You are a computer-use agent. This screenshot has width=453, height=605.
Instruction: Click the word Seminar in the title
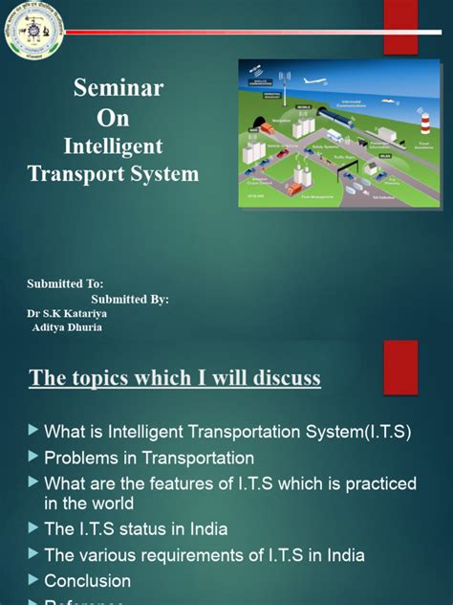tap(119, 88)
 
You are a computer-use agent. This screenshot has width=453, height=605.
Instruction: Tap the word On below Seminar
tap(113, 119)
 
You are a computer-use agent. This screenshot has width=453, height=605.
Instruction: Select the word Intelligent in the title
tap(113, 146)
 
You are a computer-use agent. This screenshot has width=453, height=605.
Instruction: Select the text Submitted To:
tap(65, 284)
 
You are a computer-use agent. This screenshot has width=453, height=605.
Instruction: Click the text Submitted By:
tap(130, 299)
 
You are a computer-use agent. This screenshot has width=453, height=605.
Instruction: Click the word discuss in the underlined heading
tap(282, 379)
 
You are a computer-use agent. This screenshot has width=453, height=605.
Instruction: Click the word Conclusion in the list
tap(87, 580)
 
